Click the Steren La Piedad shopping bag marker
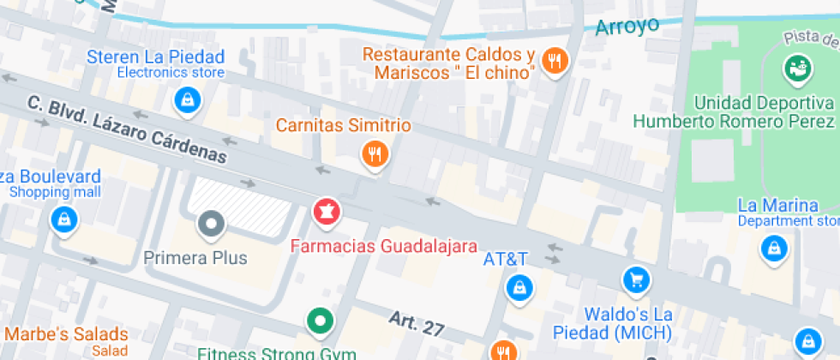pyautogui.click(x=186, y=100)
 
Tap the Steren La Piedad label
pyautogui.click(x=157, y=57)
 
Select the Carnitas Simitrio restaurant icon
pyautogui.click(x=375, y=155)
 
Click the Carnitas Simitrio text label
pyautogui.click(x=343, y=126)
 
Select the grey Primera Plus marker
pyautogui.click(x=211, y=225)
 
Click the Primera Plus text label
pyautogui.click(x=195, y=257)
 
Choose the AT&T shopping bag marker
pyautogui.click(x=519, y=287)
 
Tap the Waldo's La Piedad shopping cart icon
pyautogui.click(x=636, y=279)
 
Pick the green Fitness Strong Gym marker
pyautogui.click(x=321, y=321)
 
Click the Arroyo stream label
pyautogui.click(x=627, y=26)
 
